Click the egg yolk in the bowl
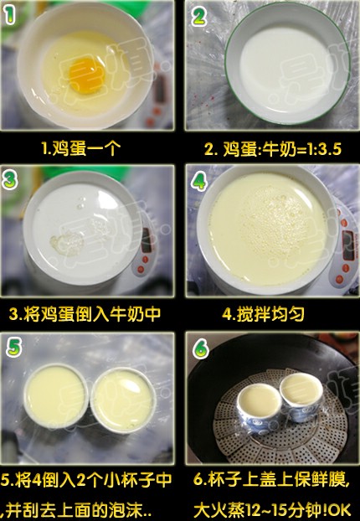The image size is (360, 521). tap(87, 75)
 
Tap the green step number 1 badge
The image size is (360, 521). tap(10, 15)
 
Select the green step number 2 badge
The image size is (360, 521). tap(198, 17)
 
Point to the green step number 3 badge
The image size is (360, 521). tap(10, 181)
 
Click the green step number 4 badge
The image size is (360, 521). tap(199, 182)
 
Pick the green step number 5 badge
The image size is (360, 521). tap(14, 348)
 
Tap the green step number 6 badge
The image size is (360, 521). tap(201, 348)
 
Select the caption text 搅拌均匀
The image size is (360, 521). tap(270, 313)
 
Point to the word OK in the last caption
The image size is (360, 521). tap(340, 510)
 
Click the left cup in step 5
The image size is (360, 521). tap(56, 396)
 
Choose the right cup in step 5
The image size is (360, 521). tap(123, 400)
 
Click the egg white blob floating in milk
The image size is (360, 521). tap(66, 242)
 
